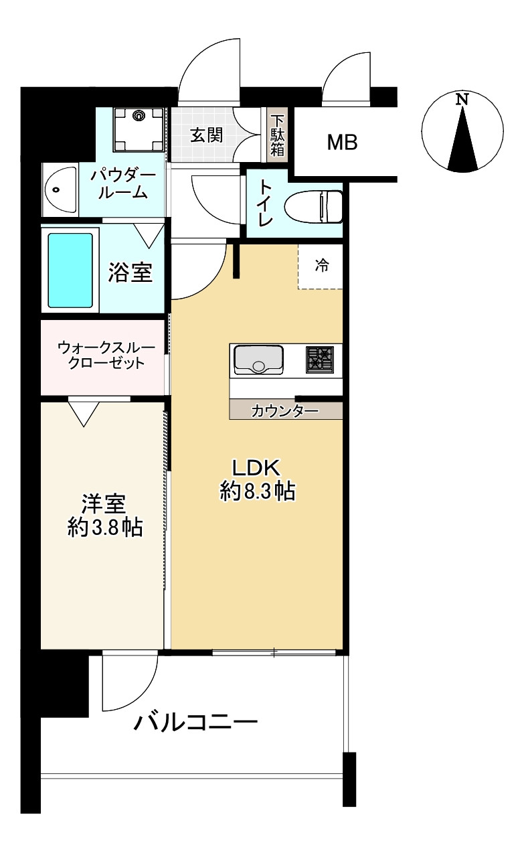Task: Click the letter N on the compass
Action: (x=462, y=100)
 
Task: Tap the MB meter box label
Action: (x=342, y=142)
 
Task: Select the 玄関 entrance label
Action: (x=206, y=135)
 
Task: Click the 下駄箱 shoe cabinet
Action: (x=278, y=135)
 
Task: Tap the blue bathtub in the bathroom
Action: (x=70, y=270)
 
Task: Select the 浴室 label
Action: (x=131, y=272)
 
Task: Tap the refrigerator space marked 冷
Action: (x=321, y=266)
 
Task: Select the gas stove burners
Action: (x=320, y=360)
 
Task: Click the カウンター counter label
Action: (x=285, y=410)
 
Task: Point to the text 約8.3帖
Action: (x=258, y=492)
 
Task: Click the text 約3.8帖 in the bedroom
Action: (x=104, y=527)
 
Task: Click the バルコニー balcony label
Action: (x=195, y=723)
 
